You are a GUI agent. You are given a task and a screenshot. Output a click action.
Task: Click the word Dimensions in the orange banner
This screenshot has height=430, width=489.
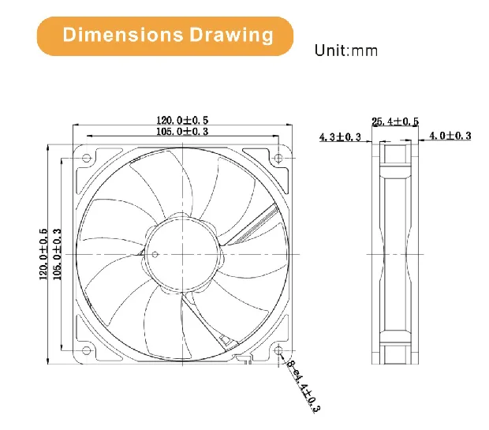122,36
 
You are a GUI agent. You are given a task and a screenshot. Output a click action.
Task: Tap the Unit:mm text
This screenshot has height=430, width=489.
346,50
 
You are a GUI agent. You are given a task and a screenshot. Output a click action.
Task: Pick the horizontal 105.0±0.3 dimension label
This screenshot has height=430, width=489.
182,131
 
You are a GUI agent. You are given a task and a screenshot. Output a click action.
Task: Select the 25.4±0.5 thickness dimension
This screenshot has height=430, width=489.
395,122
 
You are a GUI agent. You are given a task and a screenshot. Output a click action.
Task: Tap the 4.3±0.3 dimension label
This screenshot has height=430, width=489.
340,137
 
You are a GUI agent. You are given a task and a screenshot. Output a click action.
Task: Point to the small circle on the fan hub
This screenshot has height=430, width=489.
155,254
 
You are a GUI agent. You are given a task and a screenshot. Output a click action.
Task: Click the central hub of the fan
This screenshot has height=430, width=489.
184,253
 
